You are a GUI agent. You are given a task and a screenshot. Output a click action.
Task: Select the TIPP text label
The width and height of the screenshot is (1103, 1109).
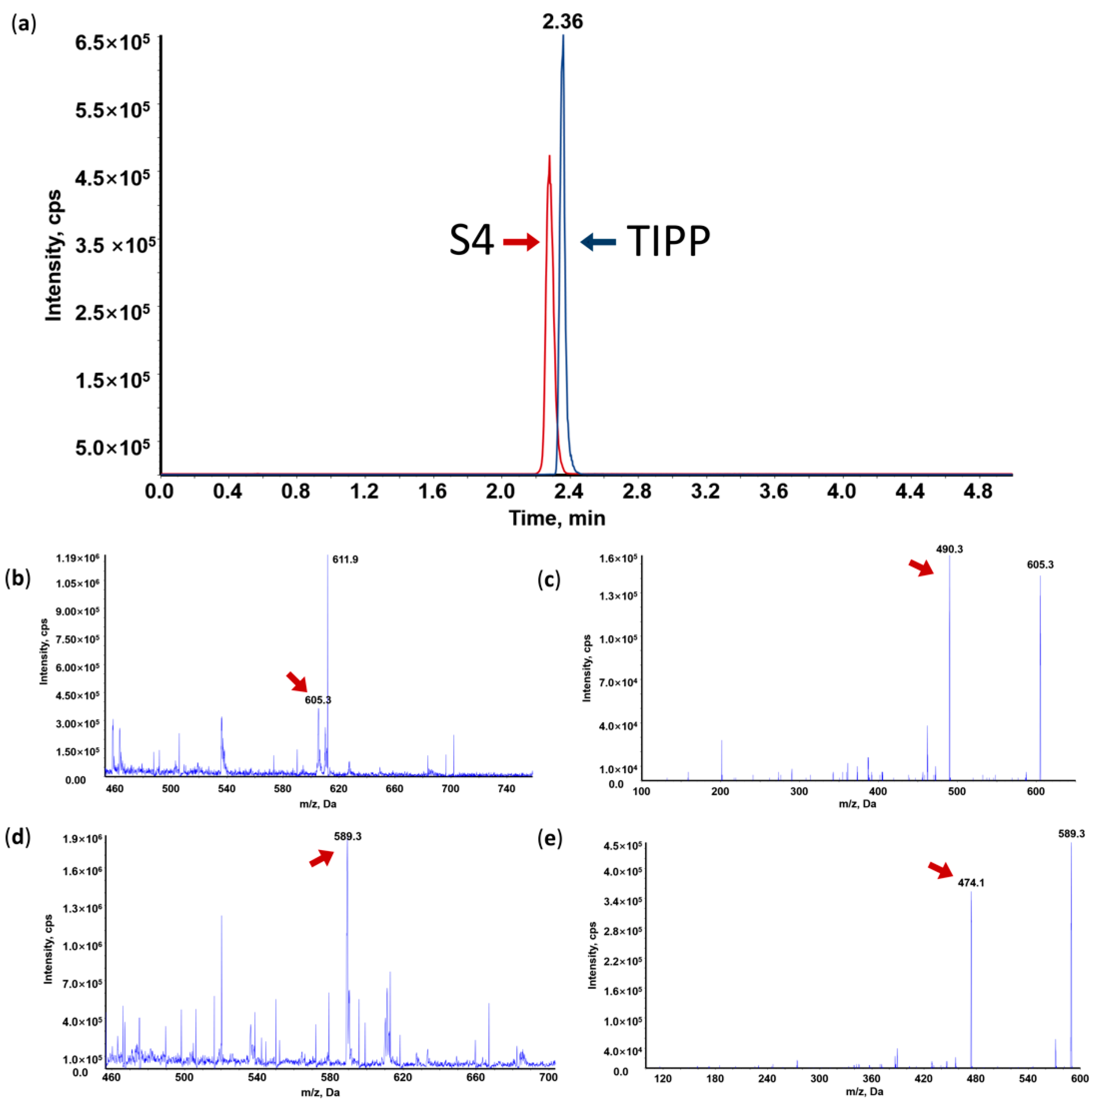coord(668,241)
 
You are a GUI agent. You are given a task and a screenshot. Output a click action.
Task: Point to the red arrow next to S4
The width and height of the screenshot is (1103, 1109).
coord(521,242)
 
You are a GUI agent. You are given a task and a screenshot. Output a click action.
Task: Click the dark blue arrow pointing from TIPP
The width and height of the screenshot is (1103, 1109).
coord(598,242)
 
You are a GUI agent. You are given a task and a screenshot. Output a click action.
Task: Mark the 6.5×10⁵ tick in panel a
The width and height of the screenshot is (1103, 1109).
coord(112,42)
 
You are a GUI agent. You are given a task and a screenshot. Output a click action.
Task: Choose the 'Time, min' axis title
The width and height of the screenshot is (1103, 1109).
coord(556,518)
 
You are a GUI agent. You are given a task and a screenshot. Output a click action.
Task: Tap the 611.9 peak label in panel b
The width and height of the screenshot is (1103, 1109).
coord(345,560)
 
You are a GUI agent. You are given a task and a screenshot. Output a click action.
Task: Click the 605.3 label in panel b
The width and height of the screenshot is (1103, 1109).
coord(318,700)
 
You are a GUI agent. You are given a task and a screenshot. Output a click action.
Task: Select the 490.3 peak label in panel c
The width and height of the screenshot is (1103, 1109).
coord(949,549)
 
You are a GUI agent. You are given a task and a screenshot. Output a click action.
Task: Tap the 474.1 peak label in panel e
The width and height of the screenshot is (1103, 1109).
coord(970,883)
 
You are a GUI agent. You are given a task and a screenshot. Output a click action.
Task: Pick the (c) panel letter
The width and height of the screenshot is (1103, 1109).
coord(549,581)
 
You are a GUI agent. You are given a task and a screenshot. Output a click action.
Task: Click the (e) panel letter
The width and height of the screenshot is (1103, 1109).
coord(549,839)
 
